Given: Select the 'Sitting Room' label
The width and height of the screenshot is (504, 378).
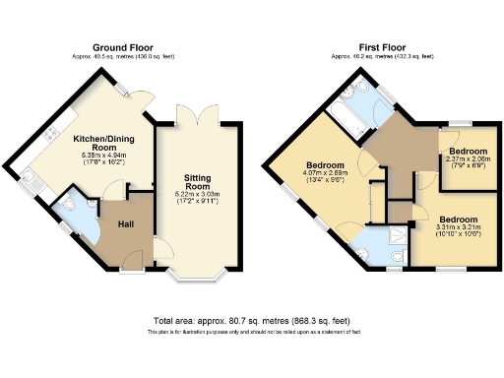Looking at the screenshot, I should point(198,180).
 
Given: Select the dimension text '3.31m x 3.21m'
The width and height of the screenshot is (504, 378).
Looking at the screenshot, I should point(457,227).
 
